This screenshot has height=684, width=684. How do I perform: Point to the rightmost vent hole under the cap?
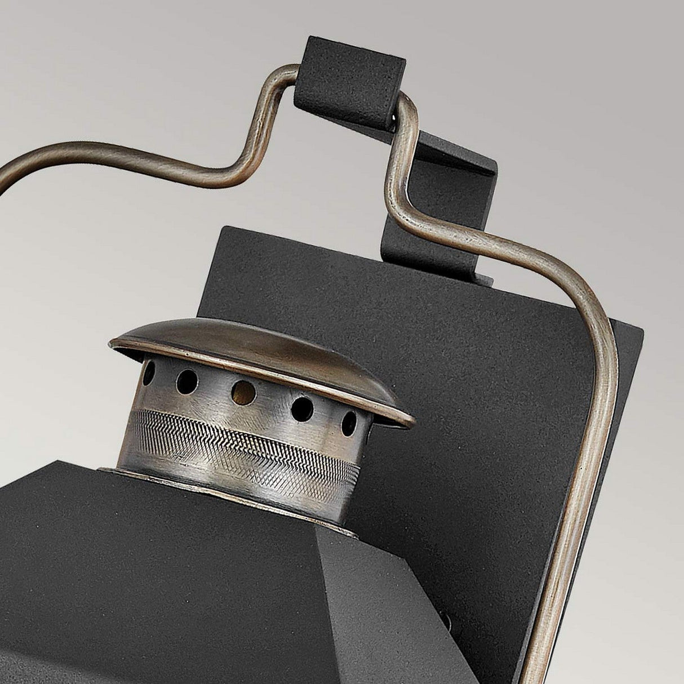(x=350, y=420)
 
